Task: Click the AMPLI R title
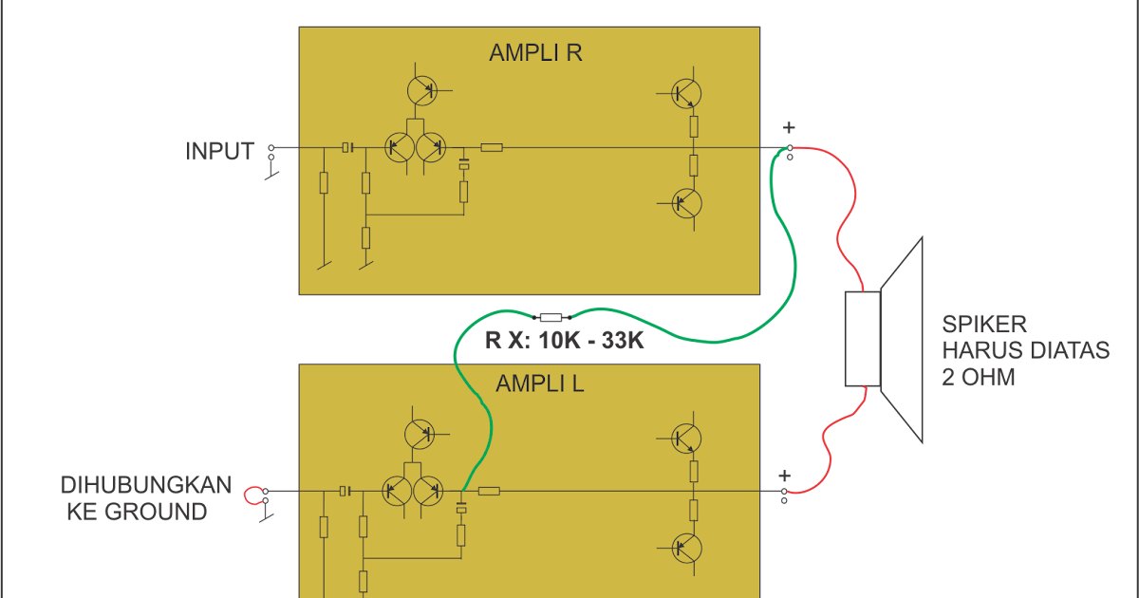(535, 52)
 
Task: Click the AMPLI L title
(539, 383)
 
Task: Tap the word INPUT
(220, 151)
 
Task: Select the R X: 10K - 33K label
(565, 340)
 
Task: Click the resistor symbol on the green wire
(551, 317)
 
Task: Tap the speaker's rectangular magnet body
(862, 339)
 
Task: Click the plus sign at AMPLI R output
(788, 128)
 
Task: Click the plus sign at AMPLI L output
(784, 476)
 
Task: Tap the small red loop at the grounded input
(253, 495)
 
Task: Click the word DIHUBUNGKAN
(145, 486)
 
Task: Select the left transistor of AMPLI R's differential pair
(400, 147)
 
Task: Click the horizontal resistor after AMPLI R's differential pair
(491, 147)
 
